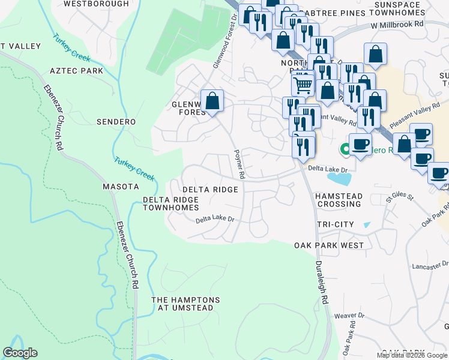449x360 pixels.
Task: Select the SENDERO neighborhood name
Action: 116,122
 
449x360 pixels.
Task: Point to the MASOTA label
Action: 121,187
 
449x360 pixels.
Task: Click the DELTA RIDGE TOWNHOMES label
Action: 170,203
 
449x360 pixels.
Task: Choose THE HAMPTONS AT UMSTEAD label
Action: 185,304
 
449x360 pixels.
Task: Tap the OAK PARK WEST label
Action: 329,245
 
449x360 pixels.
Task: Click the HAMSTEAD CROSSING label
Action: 339,200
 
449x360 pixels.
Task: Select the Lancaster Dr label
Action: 430,265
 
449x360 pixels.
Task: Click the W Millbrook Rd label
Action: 397,26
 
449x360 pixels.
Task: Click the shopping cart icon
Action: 303,84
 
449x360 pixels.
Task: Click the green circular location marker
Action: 345,149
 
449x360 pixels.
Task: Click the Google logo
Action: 20,353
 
